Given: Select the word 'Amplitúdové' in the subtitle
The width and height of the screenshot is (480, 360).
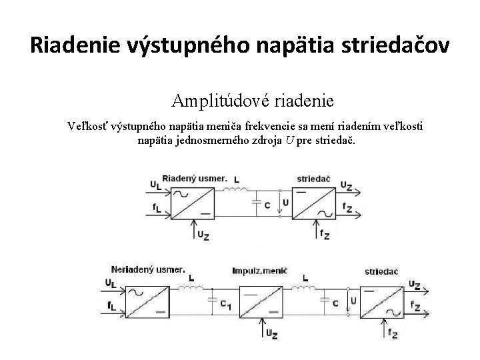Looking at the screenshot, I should [x=212, y=101].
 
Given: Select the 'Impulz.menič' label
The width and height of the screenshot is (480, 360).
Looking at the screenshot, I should [x=259, y=272].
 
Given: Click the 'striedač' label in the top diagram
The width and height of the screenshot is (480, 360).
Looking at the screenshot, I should [x=312, y=179].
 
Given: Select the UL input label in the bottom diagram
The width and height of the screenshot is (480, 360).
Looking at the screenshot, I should [x=109, y=284].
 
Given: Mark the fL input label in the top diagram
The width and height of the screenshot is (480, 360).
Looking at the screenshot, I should [x=155, y=209].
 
